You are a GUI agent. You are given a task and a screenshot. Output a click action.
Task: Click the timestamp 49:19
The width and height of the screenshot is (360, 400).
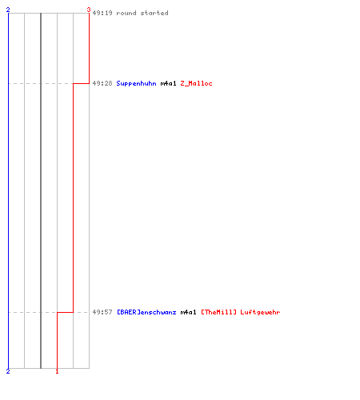[x=102, y=13]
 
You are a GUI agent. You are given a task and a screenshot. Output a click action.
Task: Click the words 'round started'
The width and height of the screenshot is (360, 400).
[x=142, y=13]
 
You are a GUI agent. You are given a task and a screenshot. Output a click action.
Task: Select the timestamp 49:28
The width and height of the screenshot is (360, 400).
[x=102, y=83]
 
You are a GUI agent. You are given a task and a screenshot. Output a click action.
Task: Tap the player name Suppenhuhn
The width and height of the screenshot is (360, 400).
[x=136, y=83]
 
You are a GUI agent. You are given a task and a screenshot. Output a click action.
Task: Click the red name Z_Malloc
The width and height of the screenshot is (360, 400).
[x=196, y=83]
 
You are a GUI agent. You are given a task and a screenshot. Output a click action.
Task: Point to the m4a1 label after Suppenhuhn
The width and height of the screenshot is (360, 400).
[x=168, y=83]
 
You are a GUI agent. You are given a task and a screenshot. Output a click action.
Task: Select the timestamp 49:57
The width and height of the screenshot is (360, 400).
[x=102, y=312]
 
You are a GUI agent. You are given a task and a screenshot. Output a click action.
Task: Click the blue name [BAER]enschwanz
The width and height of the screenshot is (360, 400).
[x=146, y=312]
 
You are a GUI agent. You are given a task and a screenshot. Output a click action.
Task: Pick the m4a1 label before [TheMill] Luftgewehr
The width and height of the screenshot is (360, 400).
[x=188, y=312]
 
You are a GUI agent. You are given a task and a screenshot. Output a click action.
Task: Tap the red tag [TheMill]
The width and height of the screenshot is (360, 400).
[x=218, y=312]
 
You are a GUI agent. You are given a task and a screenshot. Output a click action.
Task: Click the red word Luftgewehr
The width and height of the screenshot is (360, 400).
[x=260, y=312]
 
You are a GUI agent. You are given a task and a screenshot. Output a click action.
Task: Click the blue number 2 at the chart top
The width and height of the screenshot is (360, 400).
[x=8, y=10]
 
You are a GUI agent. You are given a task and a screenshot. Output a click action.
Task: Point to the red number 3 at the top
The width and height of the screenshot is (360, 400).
[x=89, y=10]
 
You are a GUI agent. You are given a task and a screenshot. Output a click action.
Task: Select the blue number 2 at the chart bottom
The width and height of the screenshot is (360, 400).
[x=8, y=371]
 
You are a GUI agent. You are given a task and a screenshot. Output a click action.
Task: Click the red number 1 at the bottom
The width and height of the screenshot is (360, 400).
[x=57, y=371]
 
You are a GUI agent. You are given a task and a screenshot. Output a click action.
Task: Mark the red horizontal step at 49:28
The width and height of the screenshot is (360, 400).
[x=81, y=83]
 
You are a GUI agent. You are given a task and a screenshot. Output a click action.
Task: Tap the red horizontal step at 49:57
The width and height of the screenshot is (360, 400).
[x=65, y=312]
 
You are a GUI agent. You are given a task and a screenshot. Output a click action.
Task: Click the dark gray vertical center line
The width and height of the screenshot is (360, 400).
[x=41, y=190]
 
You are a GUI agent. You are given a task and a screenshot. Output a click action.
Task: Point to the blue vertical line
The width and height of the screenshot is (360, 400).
[x=8, y=190]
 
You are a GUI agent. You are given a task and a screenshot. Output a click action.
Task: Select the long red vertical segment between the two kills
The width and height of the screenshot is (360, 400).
[x=73, y=198]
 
